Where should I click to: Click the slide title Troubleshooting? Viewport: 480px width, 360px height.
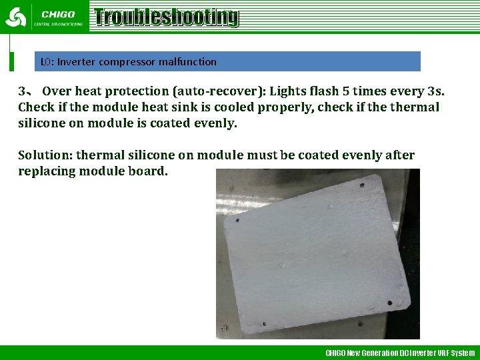coord(165,17)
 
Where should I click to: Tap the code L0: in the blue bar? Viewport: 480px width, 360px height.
coord(47,62)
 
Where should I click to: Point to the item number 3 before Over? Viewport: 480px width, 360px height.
coord(22,91)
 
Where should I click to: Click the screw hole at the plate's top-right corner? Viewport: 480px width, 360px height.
coord(362,185)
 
